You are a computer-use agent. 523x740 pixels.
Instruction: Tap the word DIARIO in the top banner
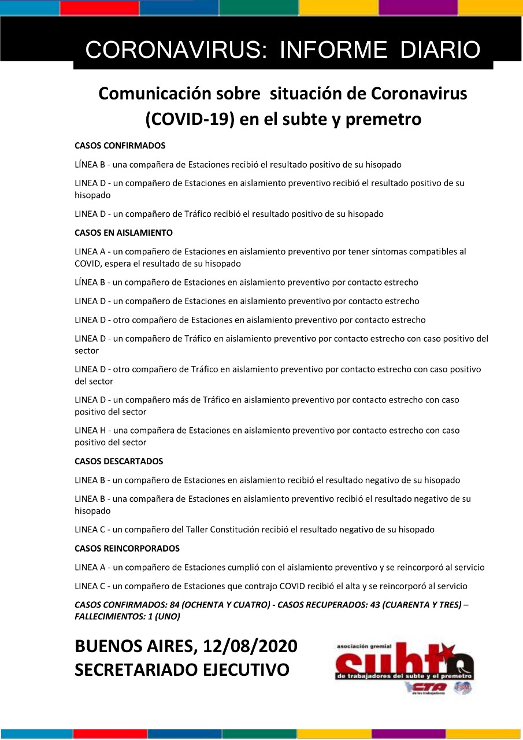point(440,50)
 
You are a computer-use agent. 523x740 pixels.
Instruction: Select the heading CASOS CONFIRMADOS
point(120,146)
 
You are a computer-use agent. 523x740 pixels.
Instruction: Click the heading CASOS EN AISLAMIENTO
point(124,233)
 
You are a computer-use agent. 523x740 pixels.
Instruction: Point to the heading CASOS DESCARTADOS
point(119,461)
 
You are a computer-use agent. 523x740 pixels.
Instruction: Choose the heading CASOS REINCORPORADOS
point(127,549)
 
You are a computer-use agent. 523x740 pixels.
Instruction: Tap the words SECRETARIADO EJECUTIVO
point(182,670)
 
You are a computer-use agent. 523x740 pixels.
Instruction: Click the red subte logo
point(404,660)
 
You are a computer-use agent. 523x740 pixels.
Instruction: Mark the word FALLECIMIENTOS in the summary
point(108,617)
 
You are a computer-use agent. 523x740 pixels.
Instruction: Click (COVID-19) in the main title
point(187,119)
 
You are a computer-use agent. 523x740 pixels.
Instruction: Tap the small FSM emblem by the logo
point(462,688)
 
